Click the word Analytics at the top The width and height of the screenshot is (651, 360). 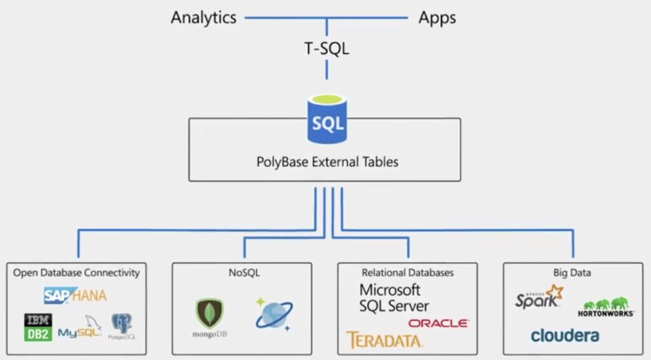point(203,17)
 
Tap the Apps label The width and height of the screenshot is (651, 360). point(437,17)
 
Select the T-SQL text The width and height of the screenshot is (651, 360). point(326,48)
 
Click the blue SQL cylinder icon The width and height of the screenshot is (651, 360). point(327,120)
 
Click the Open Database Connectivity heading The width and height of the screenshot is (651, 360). point(76,272)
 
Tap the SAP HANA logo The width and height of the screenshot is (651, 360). point(75,295)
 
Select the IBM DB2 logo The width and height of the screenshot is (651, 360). point(38,327)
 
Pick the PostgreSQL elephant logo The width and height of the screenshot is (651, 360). point(121,326)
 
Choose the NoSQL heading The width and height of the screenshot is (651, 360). point(242,273)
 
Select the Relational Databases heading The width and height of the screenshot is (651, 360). point(408,273)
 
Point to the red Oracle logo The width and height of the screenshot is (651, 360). point(439,323)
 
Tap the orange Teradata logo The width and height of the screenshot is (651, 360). point(384,340)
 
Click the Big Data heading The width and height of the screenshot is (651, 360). point(572,273)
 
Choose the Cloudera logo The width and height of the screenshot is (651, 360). point(565,335)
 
